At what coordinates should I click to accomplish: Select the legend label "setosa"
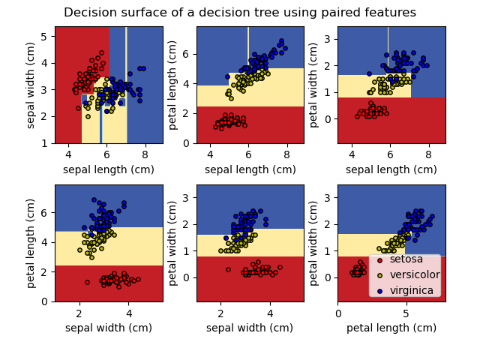click(x=406, y=259)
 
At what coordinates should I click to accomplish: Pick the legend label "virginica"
click(x=411, y=290)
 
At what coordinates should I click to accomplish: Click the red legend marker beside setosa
click(x=379, y=259)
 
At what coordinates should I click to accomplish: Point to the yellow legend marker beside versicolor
click(x=379, y=275)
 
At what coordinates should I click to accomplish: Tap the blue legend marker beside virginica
click(x=379, y=290)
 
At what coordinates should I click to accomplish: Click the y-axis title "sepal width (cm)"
click(x=31, y=85)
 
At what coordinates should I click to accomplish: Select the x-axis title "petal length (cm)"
click(x=391, y=328)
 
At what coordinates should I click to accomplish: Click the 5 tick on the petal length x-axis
click(x=406, y=312)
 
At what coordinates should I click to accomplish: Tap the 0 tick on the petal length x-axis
click(x=338, y=312)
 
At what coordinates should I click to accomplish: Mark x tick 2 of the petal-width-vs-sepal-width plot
click(x=220, y=312)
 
